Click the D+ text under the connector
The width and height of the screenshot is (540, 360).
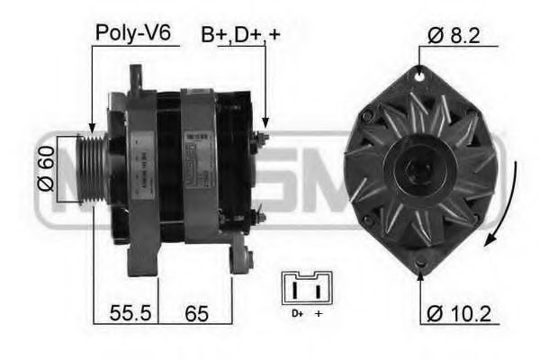coord(296,312)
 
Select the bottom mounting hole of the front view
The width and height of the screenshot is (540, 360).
coord(421,264)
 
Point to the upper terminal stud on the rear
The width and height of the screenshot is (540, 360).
coord(262,138)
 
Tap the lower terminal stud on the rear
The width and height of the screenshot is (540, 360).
coord(260,217)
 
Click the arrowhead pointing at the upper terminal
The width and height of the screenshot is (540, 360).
coord(265,124)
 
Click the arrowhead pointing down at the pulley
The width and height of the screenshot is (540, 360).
coord(92,130)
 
